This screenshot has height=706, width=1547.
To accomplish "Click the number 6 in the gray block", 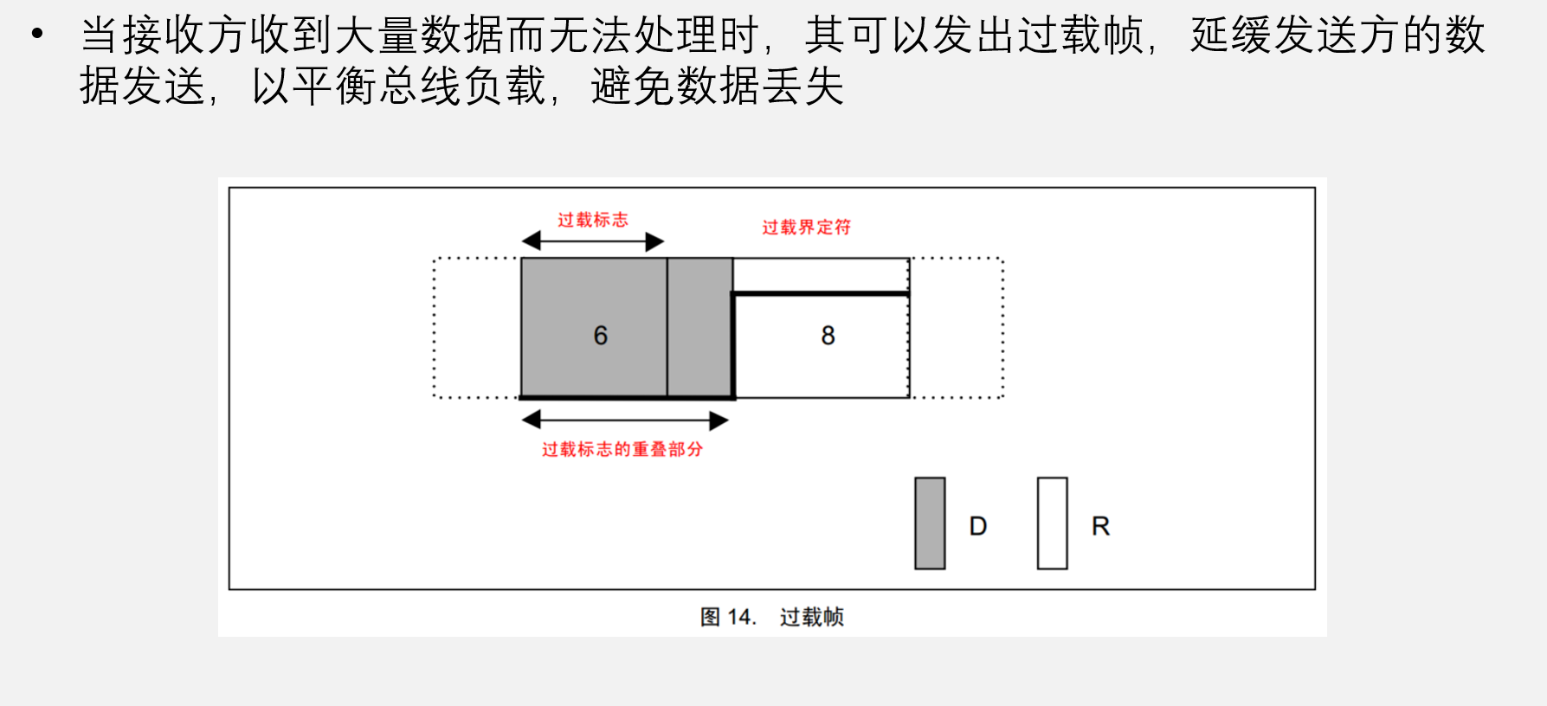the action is tap(601, 336).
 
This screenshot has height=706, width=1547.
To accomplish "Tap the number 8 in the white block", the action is tap(828, 336).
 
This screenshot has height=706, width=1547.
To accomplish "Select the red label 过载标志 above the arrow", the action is tap(593, 220).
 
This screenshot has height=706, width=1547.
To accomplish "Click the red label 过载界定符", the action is tap(807, 227).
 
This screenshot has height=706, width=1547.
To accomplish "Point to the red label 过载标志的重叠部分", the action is tap(622, 449).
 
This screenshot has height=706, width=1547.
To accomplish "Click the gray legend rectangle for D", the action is tap(930, 523).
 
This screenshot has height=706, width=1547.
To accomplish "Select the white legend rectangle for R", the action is tap(1053, 523).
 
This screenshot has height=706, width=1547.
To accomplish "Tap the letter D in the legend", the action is tap(978, 526).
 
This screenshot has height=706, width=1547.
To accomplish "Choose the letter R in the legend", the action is tap(1101, 526).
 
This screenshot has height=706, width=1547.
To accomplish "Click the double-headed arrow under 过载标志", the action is tap(593, 241).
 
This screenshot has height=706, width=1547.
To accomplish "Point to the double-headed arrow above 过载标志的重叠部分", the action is tap(625, 420).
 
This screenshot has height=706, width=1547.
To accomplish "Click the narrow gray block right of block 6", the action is tap(699, 328).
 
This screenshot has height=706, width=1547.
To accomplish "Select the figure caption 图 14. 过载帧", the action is tap(772, 617).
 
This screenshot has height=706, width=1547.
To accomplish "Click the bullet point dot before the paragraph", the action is tap(36, 35).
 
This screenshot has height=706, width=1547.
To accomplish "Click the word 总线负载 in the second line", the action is tap(462, 87).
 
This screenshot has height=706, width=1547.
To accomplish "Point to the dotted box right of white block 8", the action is tap(1002, 328).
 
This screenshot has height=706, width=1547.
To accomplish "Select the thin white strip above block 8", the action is tap(821, 275).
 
